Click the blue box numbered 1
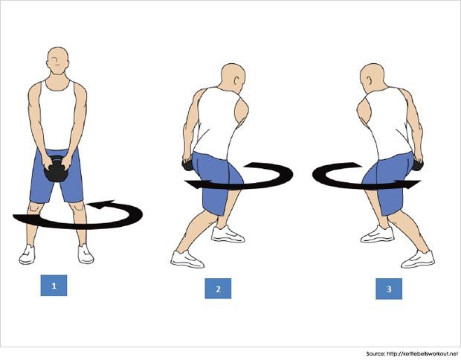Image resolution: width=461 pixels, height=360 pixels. click(x=54, y=286)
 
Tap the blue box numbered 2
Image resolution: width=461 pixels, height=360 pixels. click(x=218, y=289)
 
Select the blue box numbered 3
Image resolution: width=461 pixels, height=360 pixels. click(x=389, y=289)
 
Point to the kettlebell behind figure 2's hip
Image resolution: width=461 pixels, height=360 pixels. click(x=187, y=165)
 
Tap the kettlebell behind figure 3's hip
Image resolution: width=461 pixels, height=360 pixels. click(x=417, y=165)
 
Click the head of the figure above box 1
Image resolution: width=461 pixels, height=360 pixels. click(x=58, y=60)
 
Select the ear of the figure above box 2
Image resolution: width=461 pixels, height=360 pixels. click(x=235, y=81)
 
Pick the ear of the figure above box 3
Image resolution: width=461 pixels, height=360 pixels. click(x=370, y=81)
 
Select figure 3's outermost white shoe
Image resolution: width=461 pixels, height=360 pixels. click(x=418, y=259)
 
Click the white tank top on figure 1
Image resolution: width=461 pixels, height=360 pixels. click(x=58, y=115)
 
